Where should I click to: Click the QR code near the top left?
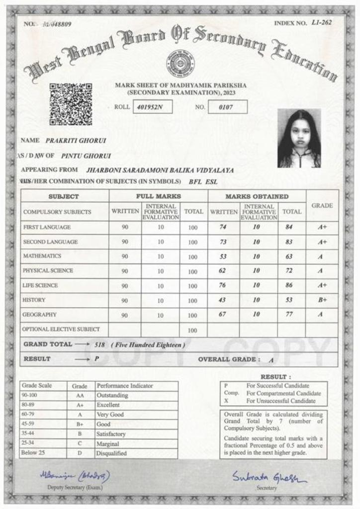(71, 104)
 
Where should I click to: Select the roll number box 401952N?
(152, 107)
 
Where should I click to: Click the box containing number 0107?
(228, 107)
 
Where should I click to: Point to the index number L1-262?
(322, 22)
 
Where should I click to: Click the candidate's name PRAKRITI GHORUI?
(76, 141)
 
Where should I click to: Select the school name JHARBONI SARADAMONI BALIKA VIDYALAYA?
(160, 170)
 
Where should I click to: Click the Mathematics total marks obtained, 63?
(289, 256)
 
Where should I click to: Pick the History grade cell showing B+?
(322, 300)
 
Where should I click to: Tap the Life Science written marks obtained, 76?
(223, 285)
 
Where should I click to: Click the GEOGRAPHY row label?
(39, 315)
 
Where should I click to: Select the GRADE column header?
(322, 205)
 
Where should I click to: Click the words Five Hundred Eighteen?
(148, 344)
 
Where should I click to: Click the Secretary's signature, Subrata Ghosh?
(269, 477)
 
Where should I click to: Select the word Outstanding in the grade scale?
(112, 395)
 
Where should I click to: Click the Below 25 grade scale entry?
(32, 453)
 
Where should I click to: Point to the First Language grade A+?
(322, 227)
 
